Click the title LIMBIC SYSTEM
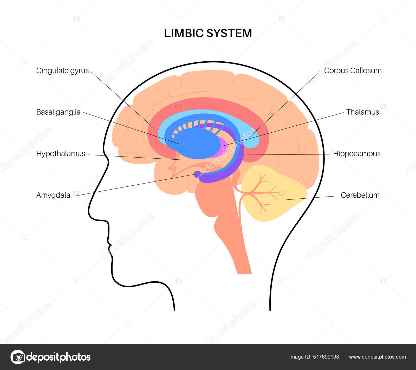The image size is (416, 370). pyautogui.click(x=208, y=33)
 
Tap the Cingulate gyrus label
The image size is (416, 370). pyautogui.click(x=62, y=70)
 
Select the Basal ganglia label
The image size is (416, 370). pyautogui.click(x=58, y=112)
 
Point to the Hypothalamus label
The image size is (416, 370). pyautogui.click(x=61, y=154)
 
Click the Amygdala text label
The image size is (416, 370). pyautogui.click(x=53, y=195)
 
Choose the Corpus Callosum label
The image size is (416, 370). pyautogui.click(x=353, y=70)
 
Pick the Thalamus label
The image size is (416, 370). pyautogui.click(x=362, y=112)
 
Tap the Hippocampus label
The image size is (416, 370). pyautogui.click(x=357, y=154)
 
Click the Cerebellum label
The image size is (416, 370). pyautogui.click(x=360, y=195)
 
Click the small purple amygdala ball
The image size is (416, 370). pyautogui.click(x=197, y=174)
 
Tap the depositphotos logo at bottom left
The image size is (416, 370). pyautogui.click(x=51, y=357)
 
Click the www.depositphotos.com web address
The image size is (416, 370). pyautogui.click(x=377, y=357)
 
